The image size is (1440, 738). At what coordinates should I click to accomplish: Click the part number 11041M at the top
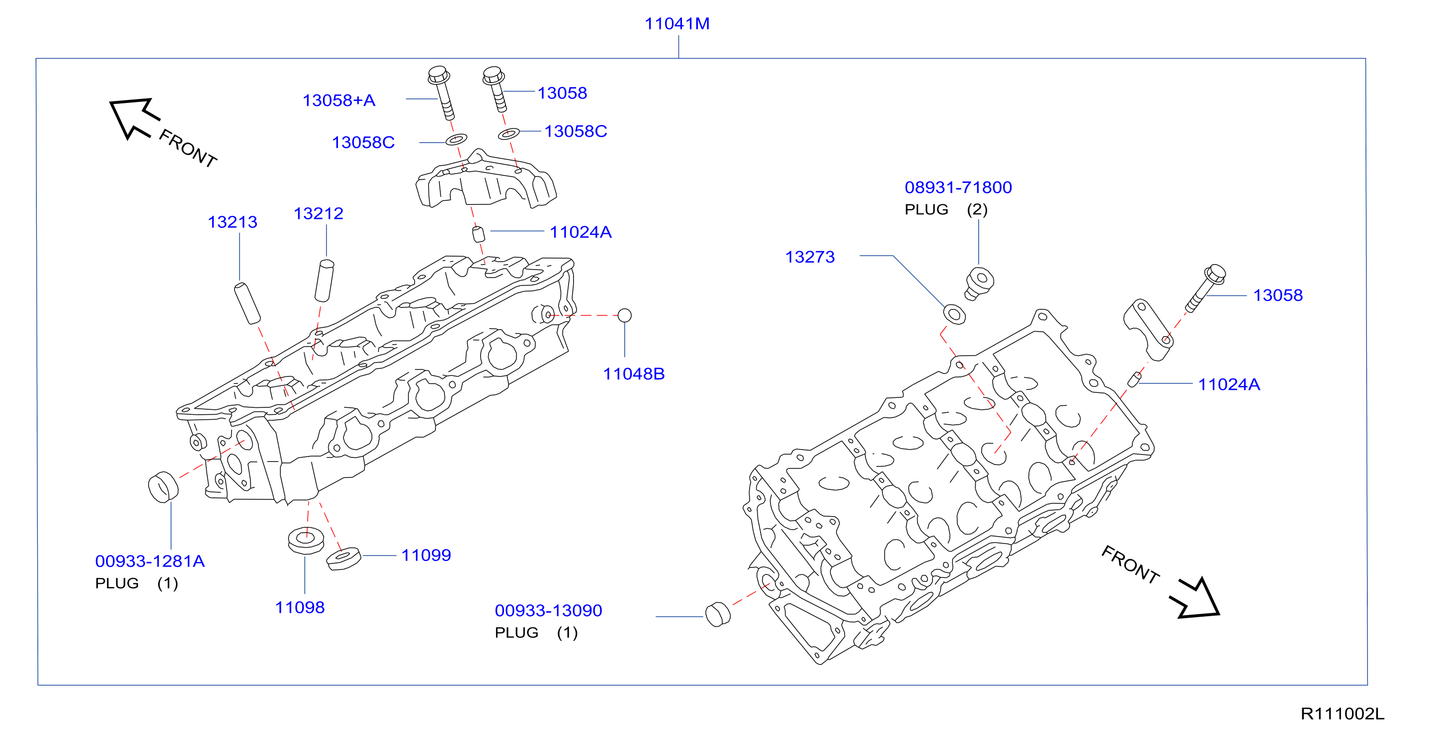677,24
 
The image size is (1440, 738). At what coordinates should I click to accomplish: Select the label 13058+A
339,100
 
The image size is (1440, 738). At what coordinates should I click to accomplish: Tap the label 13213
233,222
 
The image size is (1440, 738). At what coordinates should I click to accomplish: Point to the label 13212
319,213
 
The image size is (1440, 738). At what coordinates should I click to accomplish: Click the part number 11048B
634,374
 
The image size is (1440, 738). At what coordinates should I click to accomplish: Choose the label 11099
426,555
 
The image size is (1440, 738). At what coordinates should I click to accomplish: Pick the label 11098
300,607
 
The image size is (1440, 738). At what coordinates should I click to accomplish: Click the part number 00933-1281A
150,561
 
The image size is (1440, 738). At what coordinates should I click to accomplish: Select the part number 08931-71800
958,187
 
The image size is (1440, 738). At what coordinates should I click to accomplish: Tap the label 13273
810,257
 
